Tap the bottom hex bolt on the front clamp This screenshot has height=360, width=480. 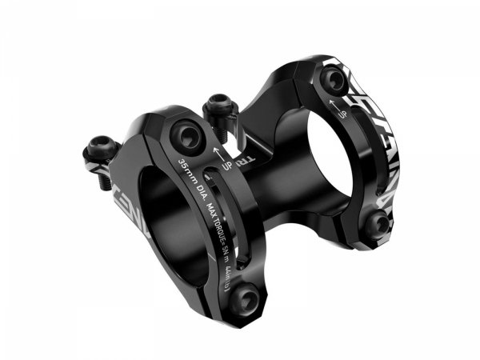click(249, 300)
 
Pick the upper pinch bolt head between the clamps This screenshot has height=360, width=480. click(217, 105)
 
